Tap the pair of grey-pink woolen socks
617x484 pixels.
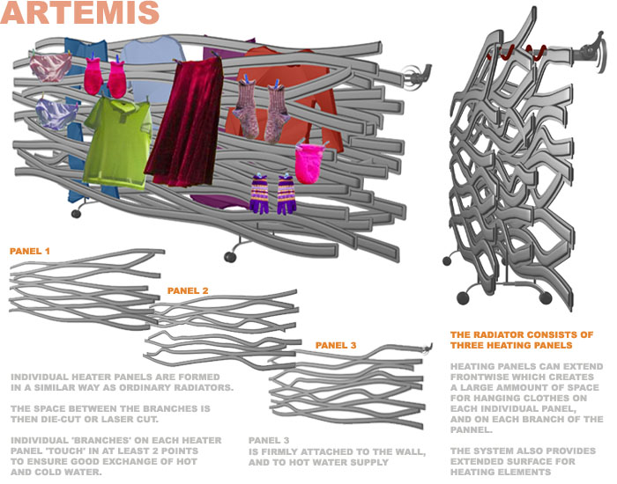click(x=261, y=107)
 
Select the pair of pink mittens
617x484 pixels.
click(x=105, y=76)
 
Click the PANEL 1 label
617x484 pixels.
click(x=30, y=252)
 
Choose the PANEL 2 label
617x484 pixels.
click(x=188, y=290)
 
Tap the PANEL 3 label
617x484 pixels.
click(x=336, y=345)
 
